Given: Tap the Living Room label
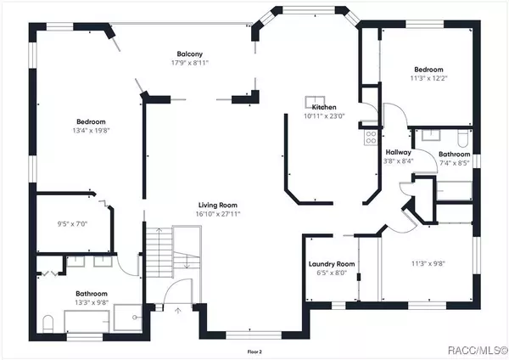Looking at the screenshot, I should point(218,205).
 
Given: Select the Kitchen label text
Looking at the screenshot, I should point(324,108).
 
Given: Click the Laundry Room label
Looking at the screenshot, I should point(332,264).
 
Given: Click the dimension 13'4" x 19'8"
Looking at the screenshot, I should point(92,132).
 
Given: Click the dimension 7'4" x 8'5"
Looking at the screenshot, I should point(454,163).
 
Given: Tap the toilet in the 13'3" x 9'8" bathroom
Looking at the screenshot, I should point(48,323).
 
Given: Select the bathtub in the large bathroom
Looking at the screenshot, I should point(87,321).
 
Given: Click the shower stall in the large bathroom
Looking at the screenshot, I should point(129,318).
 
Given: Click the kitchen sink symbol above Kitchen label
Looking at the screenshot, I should point(316,98).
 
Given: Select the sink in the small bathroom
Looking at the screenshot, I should point(428,135).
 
